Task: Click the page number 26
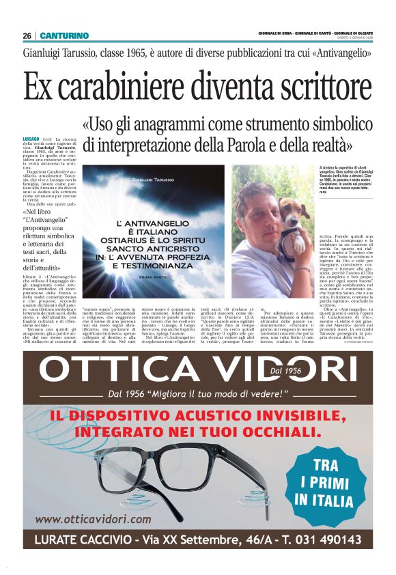[x=27, y=36]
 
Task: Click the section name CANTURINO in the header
[x=64, y=36]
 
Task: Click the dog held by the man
[x=287, y=219]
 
